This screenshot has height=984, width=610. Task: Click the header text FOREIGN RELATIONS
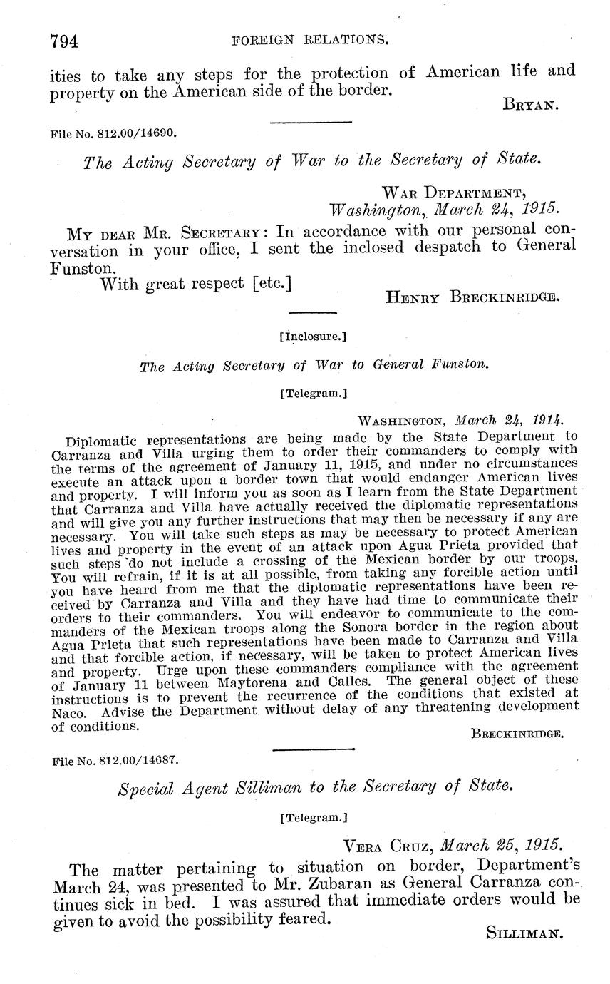tap(311, 41)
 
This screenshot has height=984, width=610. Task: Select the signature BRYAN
tap(530, 106)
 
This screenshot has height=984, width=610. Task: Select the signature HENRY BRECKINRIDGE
tap(472, 297)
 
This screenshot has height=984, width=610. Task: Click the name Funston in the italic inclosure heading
tap(462, 365)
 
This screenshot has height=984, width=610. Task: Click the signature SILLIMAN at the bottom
tap(524, 933)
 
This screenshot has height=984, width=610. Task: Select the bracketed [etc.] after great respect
tap(273, 284)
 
